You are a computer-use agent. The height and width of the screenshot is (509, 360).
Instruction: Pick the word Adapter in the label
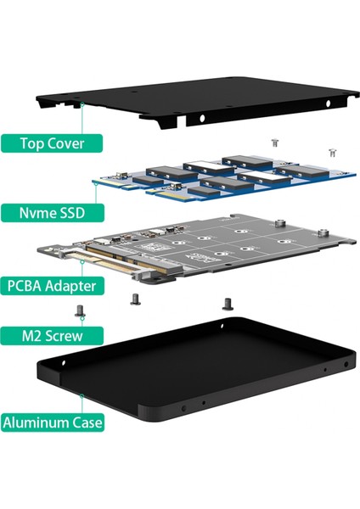click(x=83, y=284)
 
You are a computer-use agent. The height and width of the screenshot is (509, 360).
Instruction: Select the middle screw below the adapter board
click(x=135, y=298)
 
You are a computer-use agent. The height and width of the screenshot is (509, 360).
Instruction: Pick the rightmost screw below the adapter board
click(x=227, y=301)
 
